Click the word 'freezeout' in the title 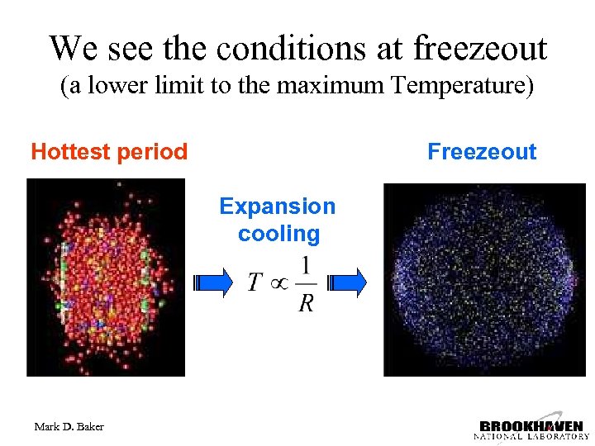coord(480,49)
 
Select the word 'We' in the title coord(73,49)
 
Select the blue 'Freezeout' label coord(482,152)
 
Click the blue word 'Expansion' coord(278,206)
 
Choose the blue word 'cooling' coord(278,234)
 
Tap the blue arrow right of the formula coord(347,282)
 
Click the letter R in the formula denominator coord(306,303)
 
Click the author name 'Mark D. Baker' coord(69,427)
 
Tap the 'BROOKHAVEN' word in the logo coord(531,425)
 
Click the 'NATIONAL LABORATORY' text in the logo coord(531,436)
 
